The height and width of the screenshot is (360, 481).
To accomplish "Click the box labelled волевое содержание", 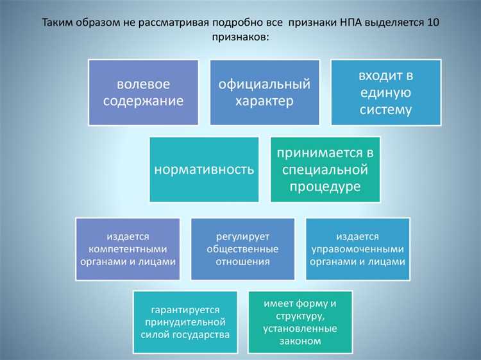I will pos(143,92).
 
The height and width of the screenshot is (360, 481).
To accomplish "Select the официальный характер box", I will pos(264,92).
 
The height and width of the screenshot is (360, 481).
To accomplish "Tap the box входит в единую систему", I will pos(386,92).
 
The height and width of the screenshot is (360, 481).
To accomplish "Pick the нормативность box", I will pos(204,169).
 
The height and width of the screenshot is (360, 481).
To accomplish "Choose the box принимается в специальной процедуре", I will pos(325,169).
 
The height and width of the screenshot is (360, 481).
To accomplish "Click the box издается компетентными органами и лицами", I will pos(127,249).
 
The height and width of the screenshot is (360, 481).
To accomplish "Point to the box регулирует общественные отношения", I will pos(243,249).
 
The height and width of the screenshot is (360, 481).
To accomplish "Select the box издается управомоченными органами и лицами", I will pos(357,249).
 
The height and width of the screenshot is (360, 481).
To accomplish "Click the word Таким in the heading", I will pos(57,23).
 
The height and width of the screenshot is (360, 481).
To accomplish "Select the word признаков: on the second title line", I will pos(240,38).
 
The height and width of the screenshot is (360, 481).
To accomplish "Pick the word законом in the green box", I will pos(300,341).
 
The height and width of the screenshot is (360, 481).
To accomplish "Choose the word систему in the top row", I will pos(386,109).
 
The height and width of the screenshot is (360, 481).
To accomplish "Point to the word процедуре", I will pos(325,187).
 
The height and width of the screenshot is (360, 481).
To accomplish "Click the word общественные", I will pos(243,249).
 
